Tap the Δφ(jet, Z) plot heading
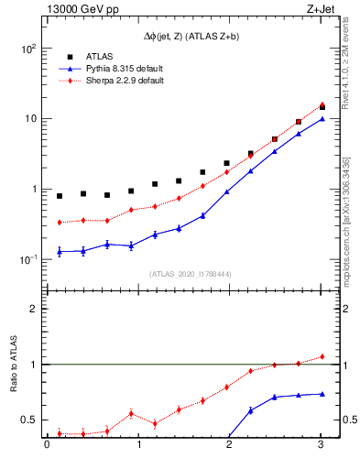pyautogui.click(x=183, y=36)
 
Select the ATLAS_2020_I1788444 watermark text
pyautogui.click(x=183, y=273)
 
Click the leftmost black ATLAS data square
pyautogui.click(x=60, y=196)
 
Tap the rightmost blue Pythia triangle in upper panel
pyautogui.click(x=322, y=119)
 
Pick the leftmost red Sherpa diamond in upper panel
pyautogui.click(x=60, y=223)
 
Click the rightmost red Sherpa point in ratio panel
pyautogui.click(x=322, y=356)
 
